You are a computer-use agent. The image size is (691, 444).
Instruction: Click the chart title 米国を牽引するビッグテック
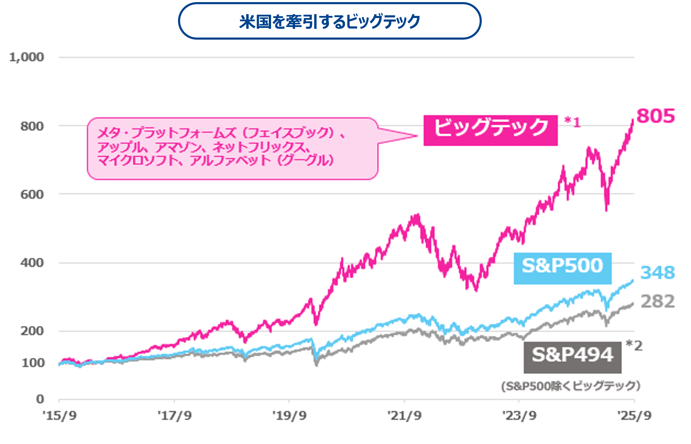point(330,22)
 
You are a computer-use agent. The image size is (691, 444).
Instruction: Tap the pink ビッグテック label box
point(490,130)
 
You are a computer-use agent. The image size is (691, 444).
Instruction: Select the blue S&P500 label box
point(562,268)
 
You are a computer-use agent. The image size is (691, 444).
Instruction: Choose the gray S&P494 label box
point(572,357)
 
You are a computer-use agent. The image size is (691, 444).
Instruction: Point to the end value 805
point(655,116)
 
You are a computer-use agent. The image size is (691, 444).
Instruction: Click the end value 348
point(657,273)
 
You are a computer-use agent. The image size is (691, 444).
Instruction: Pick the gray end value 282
point(657,301)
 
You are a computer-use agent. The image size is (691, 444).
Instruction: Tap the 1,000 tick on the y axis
point(26,57)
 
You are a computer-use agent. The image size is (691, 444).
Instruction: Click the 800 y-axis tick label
point(32,126)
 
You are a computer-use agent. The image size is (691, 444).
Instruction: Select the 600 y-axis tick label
point(32,195)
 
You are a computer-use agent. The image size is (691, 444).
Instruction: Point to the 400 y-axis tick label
point(32,263)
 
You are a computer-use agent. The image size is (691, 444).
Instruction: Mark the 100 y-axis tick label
point(33,363)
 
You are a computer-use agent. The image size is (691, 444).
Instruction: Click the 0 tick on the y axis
point(40,399)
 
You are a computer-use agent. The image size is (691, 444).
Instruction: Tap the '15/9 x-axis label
point(59,416)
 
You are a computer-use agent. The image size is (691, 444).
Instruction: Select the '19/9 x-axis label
point(289,416)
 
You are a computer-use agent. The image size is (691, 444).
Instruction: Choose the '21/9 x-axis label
point(404,416)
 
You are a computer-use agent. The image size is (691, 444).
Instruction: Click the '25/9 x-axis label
point(634,416)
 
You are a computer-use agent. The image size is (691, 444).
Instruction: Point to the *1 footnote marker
point(572,122)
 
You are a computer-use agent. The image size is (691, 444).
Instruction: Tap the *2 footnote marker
point(634,346)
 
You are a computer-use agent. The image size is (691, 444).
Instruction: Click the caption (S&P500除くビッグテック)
point(571,386)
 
